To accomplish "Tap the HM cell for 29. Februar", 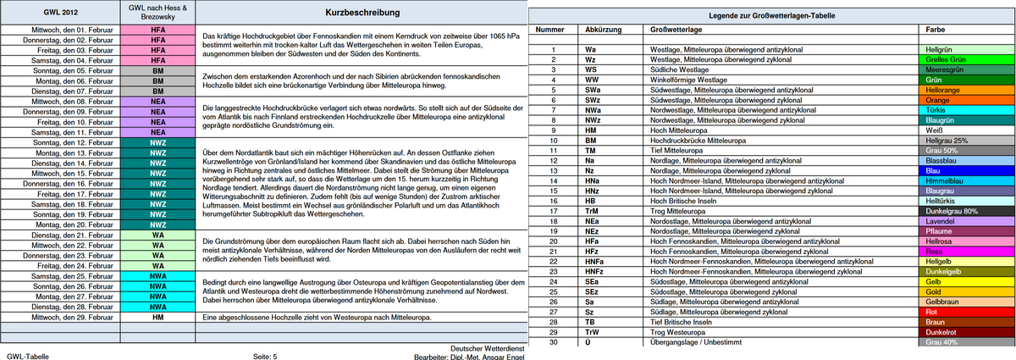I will tap(157, 317).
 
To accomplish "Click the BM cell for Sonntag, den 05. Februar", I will tap(157, 71).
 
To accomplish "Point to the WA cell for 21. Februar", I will tap(157, 235).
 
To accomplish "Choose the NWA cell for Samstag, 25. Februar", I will tap(157, 276).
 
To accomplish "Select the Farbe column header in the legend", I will tap(936, 30).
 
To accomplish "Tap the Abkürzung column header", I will tap(602, 30).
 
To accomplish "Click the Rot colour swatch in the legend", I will tap(965, 312).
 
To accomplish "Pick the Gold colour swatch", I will tap(965, 291).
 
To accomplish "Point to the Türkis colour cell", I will tap(965, 110).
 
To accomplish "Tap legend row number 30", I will tap(552, 342).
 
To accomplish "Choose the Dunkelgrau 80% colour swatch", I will tap(965, 211).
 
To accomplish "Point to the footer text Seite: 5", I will tap(265, 357).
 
